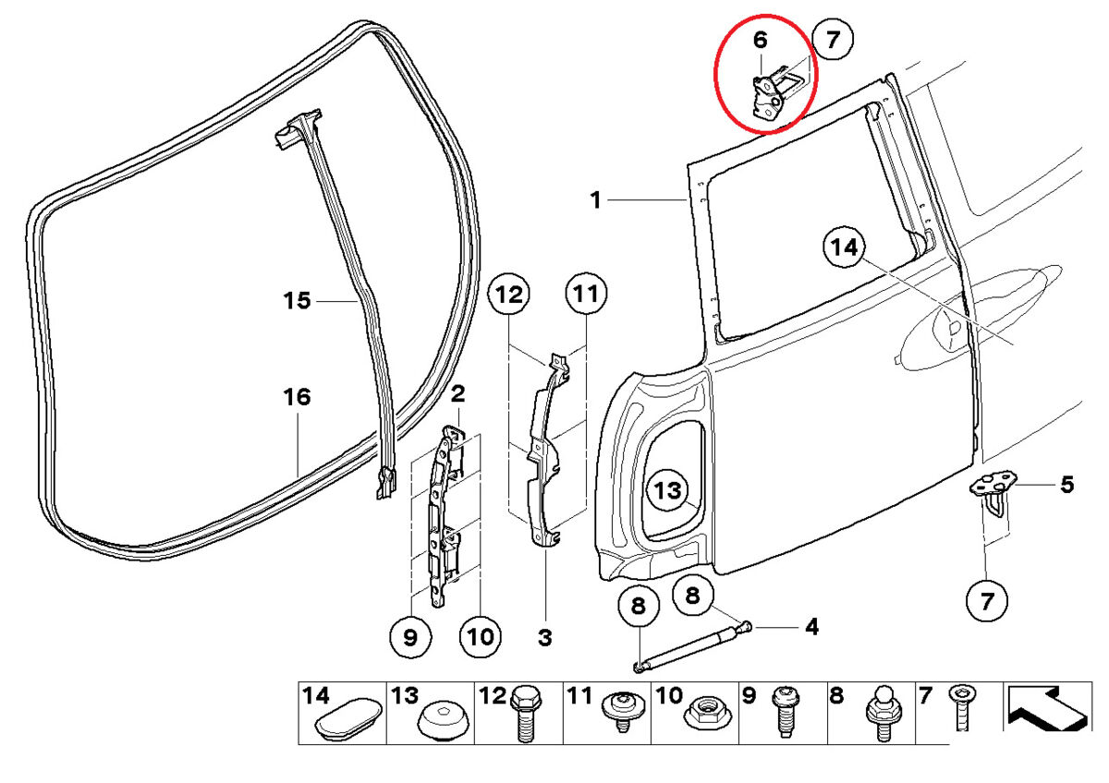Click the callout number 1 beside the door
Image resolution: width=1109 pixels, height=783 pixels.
click(x=596, y=199)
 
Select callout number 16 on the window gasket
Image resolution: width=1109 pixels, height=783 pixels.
click(x=298, y=398)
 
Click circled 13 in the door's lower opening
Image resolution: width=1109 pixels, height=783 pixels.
click(x=667, y=492)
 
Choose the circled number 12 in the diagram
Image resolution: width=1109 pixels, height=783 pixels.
click(x=509, y=295)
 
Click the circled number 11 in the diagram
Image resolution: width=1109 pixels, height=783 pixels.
click(x=585, y=295)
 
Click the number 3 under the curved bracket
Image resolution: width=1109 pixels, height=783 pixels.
click(x=544, y=636)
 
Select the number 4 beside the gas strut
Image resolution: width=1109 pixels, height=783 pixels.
click(x=811, y=628)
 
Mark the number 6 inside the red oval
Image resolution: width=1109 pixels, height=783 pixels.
click(x=760, y=41)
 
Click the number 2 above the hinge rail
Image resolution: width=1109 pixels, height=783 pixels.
click(x=457, y=395)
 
